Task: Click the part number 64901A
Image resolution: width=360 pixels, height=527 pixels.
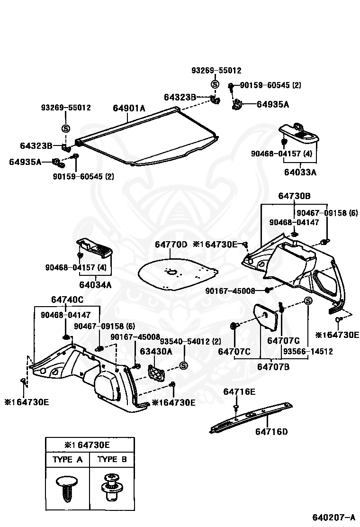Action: tap(129, 108)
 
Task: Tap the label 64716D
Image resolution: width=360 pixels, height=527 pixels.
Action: tap(271, 432)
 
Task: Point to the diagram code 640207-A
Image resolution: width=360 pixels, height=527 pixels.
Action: tap(333, 517)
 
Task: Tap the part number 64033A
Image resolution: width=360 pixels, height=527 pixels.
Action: tap(300, 172)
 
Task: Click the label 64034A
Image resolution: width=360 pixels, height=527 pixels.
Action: tap(95, 285)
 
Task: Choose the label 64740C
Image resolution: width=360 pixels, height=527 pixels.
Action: tap(67, 300)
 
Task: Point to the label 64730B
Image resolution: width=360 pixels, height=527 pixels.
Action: tap(294, 196)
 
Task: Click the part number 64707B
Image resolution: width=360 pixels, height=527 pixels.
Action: tap(273, 367)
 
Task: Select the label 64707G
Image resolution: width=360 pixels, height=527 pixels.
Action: tap(283, 341)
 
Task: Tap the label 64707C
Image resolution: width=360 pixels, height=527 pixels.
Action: tap(234, 352)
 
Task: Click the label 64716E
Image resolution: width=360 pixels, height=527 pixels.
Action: tap(239, 391)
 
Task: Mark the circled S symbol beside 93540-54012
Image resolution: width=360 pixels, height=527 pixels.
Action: tap(183, 366)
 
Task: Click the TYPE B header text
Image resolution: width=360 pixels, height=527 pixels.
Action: tap(112, 459)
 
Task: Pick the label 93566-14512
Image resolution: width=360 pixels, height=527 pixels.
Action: tap(308, 351)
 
